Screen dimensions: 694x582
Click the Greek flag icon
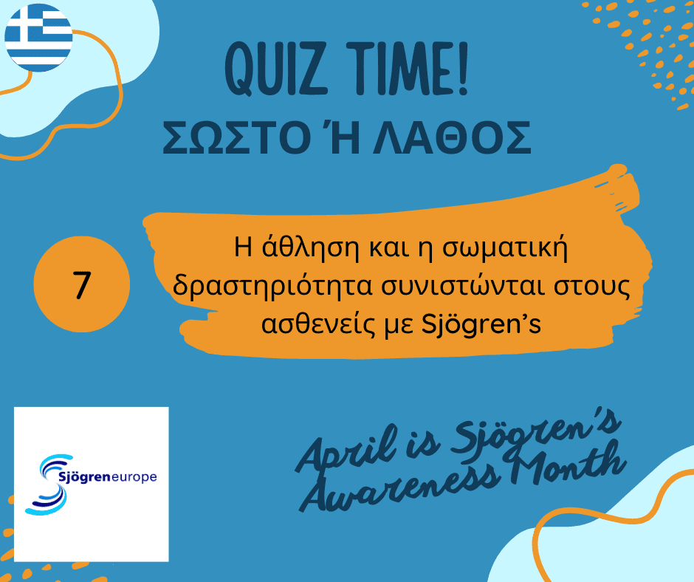tap(38, 38)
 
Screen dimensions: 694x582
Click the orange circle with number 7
tap(82, 284)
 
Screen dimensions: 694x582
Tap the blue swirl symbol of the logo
tap(49, 485)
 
